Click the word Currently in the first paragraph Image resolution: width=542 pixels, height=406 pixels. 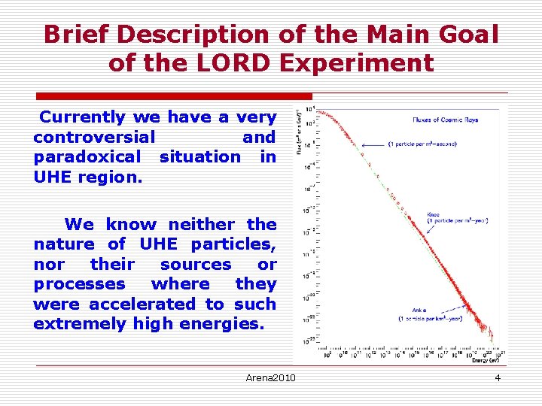click(x=83, y=117)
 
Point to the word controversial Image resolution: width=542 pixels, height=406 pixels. click(x=94, y=138)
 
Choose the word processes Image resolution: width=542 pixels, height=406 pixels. click(x=79, y=284)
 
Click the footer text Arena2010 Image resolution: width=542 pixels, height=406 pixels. click(x=270, y=377)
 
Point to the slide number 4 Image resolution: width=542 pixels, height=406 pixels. click(x=497, y=377)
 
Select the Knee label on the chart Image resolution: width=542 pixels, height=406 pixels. click(x=434, y=215)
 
